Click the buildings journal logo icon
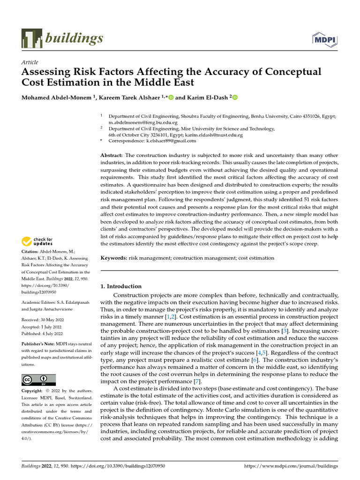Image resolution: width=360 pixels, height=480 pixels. click(31, 38)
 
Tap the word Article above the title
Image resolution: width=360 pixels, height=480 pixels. click(30, 62)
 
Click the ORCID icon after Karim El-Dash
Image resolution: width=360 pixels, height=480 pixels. click(235, 97)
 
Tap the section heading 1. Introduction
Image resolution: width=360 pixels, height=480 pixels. click(121, 286)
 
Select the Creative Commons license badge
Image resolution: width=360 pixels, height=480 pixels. click(38, 380)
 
